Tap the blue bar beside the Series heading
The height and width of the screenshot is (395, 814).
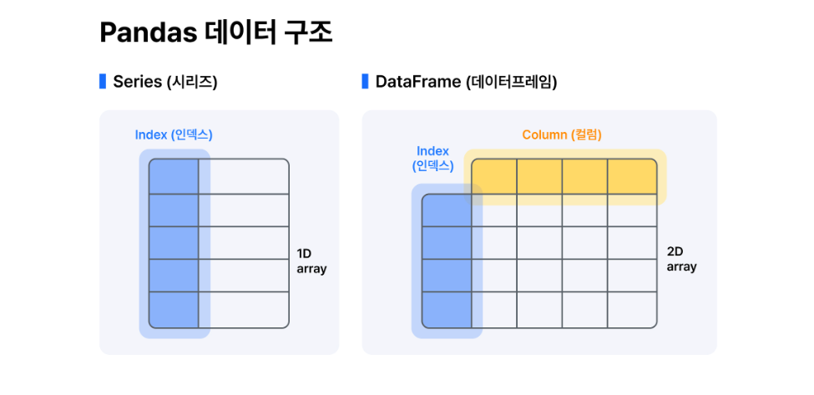(103, 82)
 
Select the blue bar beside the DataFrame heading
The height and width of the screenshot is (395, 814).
(365, 82)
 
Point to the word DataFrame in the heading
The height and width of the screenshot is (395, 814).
(418, 82)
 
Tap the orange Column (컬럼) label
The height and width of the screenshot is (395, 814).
(562, 134)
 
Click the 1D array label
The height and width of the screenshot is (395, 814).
(311, 261)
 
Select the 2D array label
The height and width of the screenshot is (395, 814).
(681, 259)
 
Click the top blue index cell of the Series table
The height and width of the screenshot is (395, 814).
(174, 176)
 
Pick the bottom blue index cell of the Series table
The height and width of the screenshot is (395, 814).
(174, 310)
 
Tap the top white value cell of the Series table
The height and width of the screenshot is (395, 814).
(244, 176)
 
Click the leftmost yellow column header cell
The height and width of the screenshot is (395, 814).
(494, 176)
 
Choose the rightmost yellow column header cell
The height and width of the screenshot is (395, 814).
(629, 176)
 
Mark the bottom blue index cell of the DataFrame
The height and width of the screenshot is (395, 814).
(447, 311)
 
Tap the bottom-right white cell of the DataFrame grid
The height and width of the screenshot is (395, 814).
(629, 311)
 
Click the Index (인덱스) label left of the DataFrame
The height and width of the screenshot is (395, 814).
(432, 159)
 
